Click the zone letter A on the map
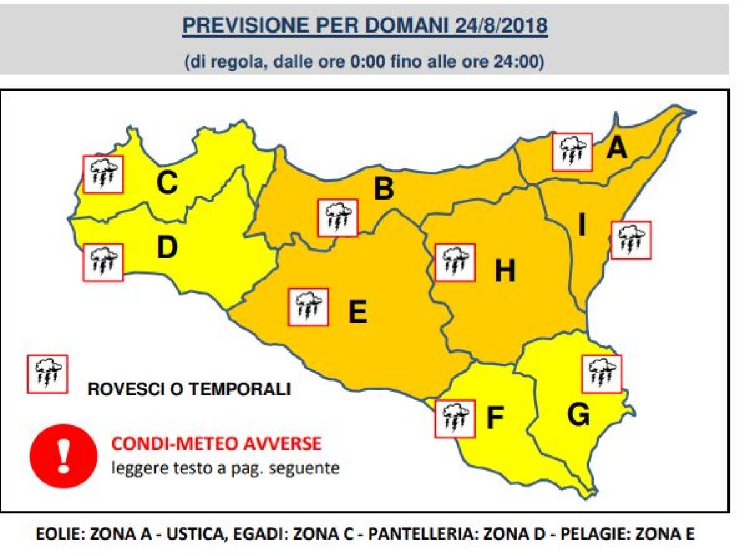pyautogui.click(x=617, y=148)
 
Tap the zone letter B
pyautogui.click(x=383, y=190)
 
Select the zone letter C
pyautogui.click(x=167, y=183)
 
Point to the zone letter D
pyautogui.click(x=167, y=248)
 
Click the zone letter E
pyautogui.click(x=357, y=312)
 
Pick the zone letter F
pyautogui.click(x=495, y=419)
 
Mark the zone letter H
pyautogui.click(x=505, y=271)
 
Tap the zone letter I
pyautogui.click(x=582, y=226)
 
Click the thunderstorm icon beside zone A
pyautogui.click(x=572, y=152)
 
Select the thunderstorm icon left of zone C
pyautogui.click(x=104, y=174)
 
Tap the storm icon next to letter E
pyautogui.click(x=308, y=307)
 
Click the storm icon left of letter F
pyautogui.click(x=455, y=418)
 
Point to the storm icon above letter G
pyautogui.click(x=602, y=373)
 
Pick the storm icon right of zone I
pyautogui.click(x=631, y=240)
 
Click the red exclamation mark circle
pyautogui.click(x=64, y=456)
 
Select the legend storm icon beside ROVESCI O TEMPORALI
pyautogui.click(x=47, y=374)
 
